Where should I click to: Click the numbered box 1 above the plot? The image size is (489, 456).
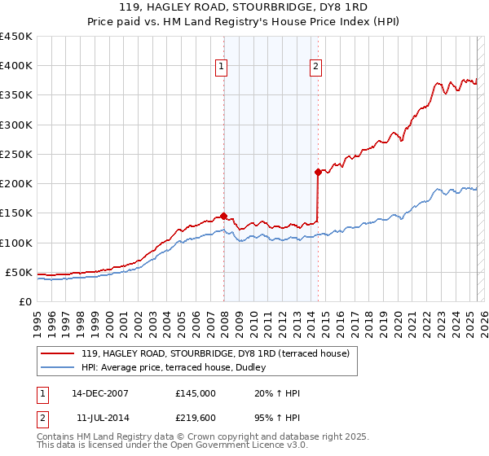pyautogui.click(x=222, y=68)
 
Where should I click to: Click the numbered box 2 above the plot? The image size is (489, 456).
pyautogui.click(x=315, y=68)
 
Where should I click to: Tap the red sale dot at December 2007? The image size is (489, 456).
pyautogui.click(x=223, y=216)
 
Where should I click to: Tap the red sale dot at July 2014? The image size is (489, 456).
pyautogui.click(x=318, y=172)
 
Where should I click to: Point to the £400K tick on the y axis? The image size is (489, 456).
pyautogui.click(x=16, y=66)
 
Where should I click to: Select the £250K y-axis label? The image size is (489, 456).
pyautogui.click(x=16, y=154)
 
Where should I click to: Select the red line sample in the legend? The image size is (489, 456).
pyautogui.click(x=58, y=353)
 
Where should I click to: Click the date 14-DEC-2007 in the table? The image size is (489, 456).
pyautogui.click(x=100, y=393)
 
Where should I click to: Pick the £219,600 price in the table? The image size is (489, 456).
pyautogui.click(x=196, y=418)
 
